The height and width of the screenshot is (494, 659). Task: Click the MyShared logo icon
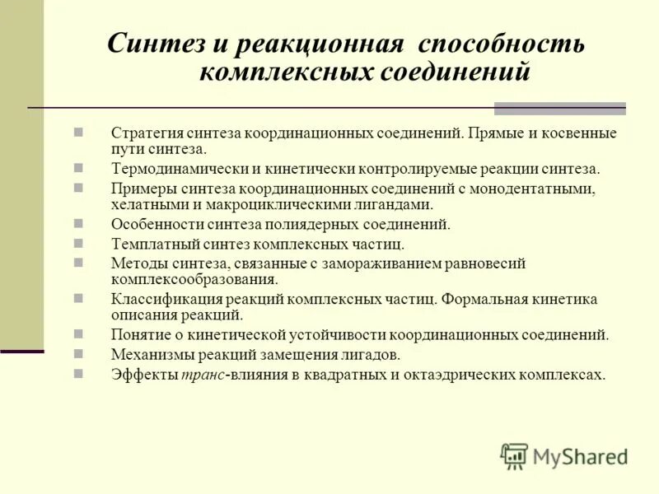click(x=514, y=456)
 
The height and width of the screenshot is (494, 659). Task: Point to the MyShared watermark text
click(x=581, y=457)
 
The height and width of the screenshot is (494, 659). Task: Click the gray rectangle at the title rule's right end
click(x=559, y=108)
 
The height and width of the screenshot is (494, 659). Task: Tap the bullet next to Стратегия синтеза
click(x=78, y=132)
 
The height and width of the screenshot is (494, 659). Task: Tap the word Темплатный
click(x=151, y=244)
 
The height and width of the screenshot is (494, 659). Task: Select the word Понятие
click(x=138, y=335)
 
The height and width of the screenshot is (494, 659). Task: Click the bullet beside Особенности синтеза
click(x=78, y=223)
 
